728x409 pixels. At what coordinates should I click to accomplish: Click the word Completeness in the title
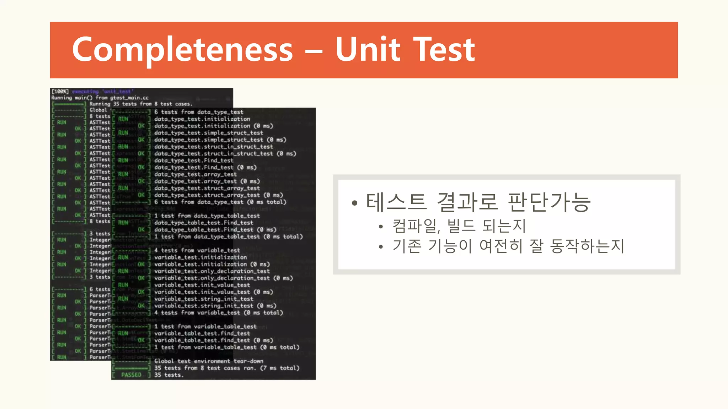pos(182,50)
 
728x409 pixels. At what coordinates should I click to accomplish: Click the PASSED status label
pos(131,375)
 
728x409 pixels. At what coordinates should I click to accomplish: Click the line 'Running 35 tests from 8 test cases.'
pos(140,104)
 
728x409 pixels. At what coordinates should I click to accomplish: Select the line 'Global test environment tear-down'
pos(209,361)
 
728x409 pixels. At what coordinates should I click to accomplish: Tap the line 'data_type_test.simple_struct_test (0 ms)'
pos(220,140)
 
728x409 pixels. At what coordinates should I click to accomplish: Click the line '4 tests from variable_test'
pos(197,250)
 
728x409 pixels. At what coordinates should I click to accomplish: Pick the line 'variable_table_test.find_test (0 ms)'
pos(213,340)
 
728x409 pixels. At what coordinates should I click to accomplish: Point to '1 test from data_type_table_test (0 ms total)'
pos(228,236)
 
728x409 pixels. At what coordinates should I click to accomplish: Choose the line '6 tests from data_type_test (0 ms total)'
pos(220,202)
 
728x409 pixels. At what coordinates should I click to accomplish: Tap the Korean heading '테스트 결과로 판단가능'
pos(478,202)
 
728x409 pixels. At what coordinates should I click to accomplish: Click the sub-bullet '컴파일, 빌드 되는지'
pos(459,226)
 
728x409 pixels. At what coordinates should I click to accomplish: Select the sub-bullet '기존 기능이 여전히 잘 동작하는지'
pos(508,246)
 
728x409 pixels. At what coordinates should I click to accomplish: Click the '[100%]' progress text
pos(60,92)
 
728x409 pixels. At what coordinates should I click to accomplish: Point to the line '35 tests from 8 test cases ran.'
pos(226,368)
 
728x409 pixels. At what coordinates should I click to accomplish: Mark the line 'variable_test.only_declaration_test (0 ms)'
pos(223,278)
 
